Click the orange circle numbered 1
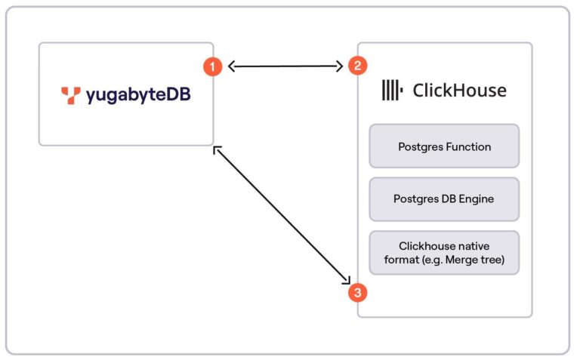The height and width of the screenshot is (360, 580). tap(213, 66)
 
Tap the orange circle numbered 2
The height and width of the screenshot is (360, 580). tap(356, 66)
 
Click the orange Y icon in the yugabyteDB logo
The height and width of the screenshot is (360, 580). tap(71, 95)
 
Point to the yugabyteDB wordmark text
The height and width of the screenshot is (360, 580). tap(137, 96)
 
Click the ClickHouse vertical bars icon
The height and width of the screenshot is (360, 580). tap(391, 91)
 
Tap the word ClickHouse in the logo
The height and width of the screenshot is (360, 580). tap(459, 91)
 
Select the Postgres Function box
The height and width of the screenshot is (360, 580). tap(444, 146)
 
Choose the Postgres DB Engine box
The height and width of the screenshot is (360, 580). tap(444, 199)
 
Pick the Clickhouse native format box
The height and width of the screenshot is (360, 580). tap(444, 253)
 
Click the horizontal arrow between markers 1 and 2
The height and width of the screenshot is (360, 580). tap(285, 66)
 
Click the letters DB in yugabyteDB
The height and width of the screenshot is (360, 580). tap(180, 95)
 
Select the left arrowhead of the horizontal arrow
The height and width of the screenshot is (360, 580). tap(232, 66)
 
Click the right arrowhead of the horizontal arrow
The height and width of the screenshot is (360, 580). tap(340, 66)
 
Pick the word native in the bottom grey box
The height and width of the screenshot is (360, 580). tap(476, 246)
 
